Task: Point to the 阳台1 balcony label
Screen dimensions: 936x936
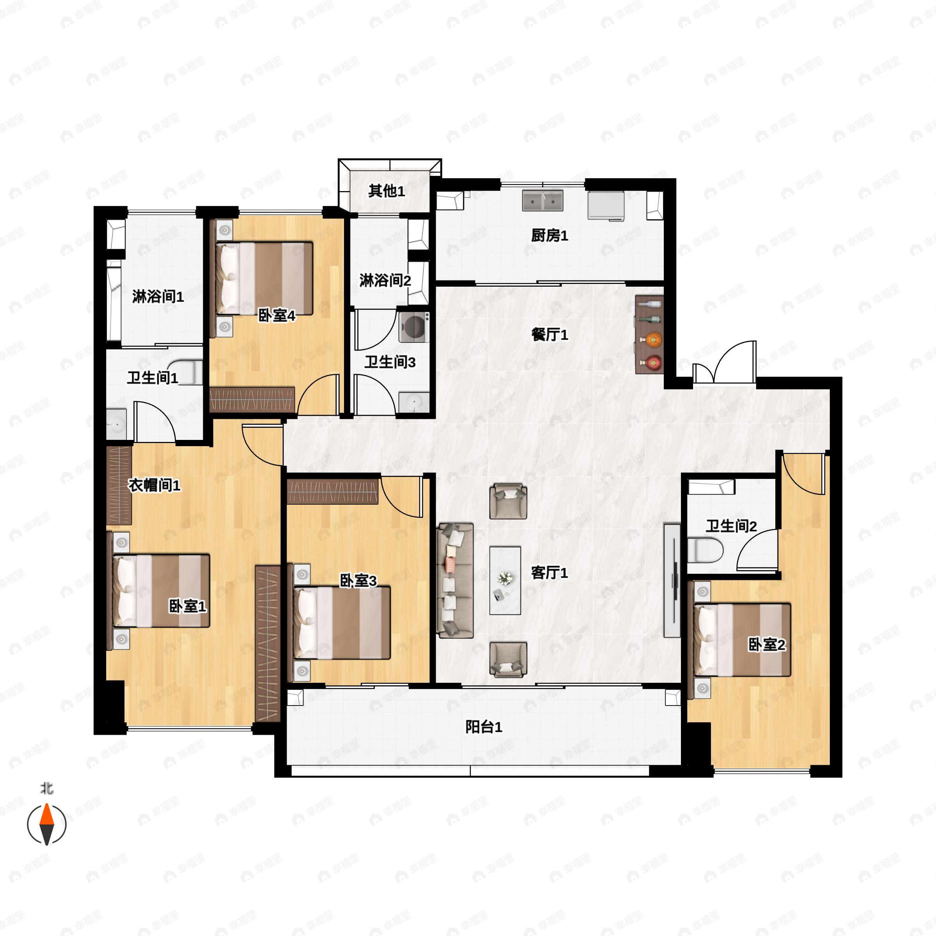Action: [484, 727]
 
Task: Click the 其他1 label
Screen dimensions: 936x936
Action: [386, 191]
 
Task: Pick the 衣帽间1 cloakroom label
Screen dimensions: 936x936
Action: [154, 485]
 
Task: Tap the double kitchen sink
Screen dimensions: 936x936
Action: [542, 200]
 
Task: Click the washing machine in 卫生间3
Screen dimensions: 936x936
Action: [414, 327]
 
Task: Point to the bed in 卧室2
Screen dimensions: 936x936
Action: [742, 640]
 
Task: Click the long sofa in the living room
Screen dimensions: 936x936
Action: [455, 580]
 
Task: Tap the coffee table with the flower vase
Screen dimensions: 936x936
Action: [505, 580]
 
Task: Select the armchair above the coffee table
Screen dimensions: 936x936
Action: [508, 501]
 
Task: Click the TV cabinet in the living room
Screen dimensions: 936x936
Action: [672, 580]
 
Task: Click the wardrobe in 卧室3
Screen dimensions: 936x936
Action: [332, 492]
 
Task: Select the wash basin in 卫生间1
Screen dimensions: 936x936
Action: [116, 424]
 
